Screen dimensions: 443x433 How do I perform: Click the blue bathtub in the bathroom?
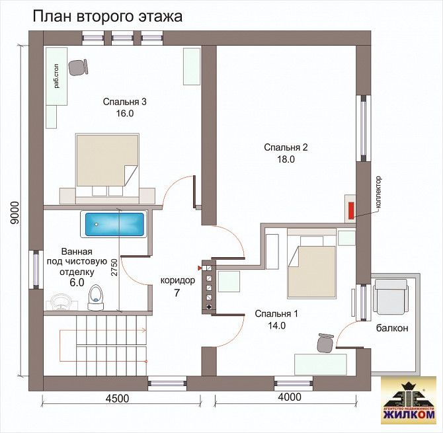pos(114,224)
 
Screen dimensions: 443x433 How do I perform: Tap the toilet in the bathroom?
pos(95,297)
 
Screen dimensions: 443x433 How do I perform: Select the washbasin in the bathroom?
pos(60,302)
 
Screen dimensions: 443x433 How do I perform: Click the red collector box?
pos(352,210)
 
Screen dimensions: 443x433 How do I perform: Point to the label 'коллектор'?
pos(379,192)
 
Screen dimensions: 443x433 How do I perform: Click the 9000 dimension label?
pos(14,213)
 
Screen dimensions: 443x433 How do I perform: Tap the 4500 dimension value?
pos(117,399)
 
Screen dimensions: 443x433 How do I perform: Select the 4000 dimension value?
pos(290,397)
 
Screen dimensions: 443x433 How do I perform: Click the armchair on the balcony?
pos(391,296)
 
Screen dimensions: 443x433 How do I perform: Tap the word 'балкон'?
pos(392,328)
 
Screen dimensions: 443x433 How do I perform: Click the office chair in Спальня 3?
pos(78,67)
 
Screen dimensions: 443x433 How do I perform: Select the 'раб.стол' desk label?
pos(57,77)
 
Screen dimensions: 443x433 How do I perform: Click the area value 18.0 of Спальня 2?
pos(286,159)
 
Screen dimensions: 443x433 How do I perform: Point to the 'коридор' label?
pos(178,280)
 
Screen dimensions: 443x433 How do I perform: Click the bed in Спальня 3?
pos(107,169)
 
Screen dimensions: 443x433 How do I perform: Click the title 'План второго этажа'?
pos(108,17)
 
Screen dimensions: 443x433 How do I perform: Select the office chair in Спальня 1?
pos(325,342)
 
